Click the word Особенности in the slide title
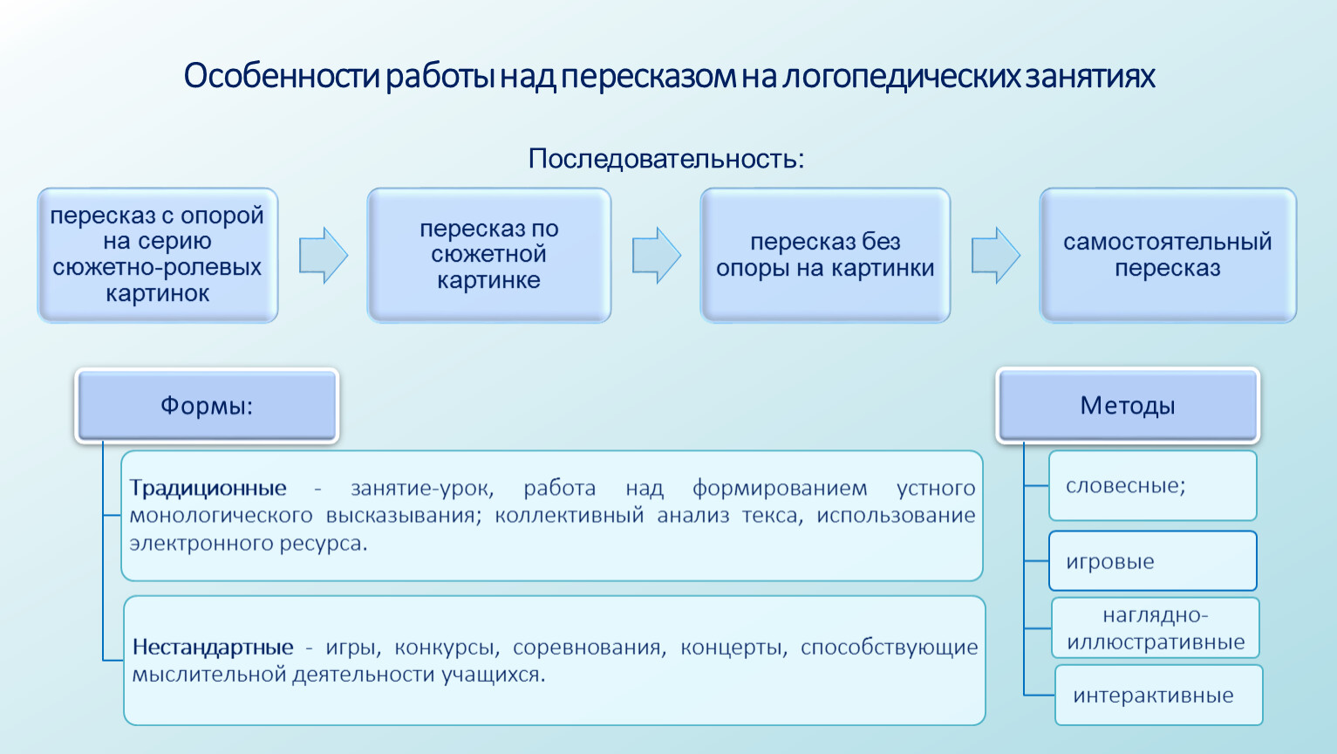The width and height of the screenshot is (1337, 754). [x=282, y=76]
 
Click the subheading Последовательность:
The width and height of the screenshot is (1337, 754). [x=666, y=159]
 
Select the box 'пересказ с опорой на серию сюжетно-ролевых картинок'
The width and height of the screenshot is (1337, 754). [x=158, y=256]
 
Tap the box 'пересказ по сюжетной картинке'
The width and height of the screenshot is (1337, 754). [x=489, y=256]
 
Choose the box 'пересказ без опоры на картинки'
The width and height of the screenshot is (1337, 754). [x=825, y=256]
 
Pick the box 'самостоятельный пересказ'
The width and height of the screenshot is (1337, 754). [x=1168, y=256]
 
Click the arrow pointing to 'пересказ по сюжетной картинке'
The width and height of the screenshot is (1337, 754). [x=323, y=255]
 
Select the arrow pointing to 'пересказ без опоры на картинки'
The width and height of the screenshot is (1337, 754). [x=656, y=255]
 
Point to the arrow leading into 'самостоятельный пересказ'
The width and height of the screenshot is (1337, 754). [x=995, y=255]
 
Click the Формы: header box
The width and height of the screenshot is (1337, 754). [x=207, y=406]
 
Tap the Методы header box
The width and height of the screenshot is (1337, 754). [x=1128, y=406]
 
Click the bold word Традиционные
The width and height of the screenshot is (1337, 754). [x=208, y=488]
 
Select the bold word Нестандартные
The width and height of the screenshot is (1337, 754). [x=213, y=647]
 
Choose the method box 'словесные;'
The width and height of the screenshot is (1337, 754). [x=1153, y=486]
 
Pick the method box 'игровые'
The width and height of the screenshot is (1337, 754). [x=1153, y=561]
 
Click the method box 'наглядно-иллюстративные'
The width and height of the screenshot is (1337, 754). [x=1156, y=628]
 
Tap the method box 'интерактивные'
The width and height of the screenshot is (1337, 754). [x=1158, y=695]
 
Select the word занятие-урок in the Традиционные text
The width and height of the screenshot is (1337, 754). [x=422, y=489]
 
